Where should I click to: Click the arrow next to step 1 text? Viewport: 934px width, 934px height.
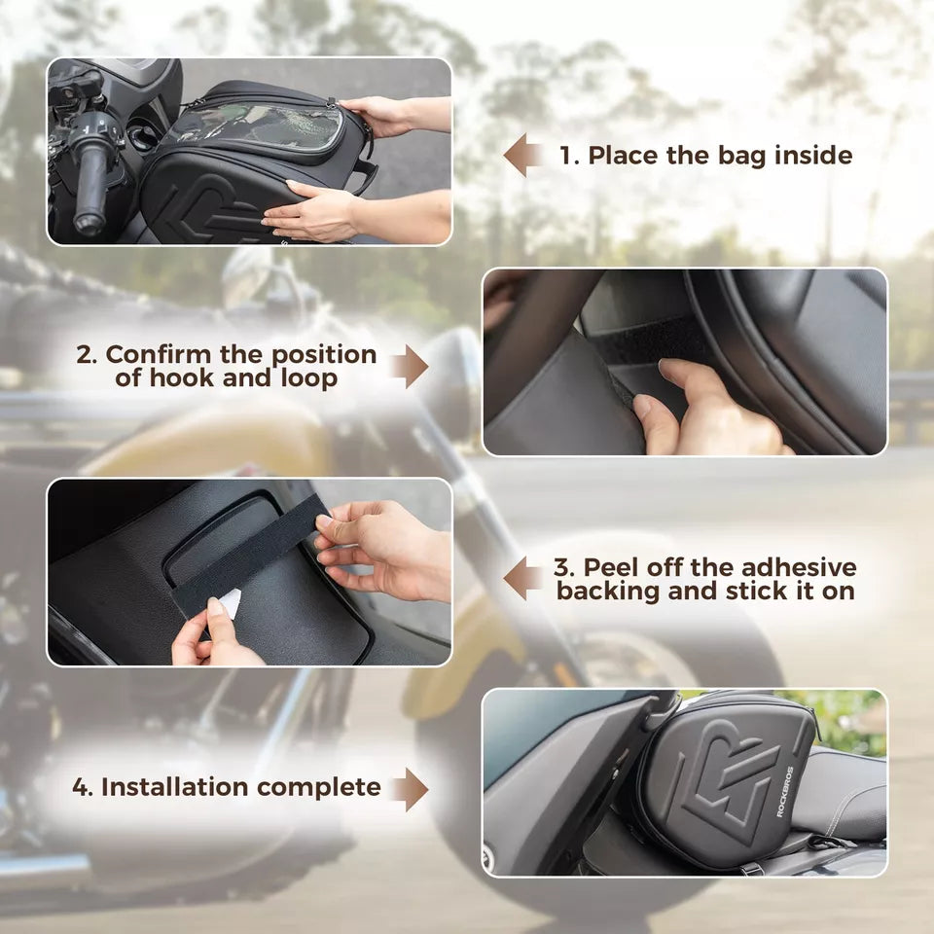(x=523, y=156)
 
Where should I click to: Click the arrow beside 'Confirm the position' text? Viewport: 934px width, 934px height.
(x=409, y=366)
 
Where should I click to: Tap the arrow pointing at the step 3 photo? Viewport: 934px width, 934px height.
(x=523, y=579)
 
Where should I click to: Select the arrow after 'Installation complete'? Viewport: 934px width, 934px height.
(x=409, y=788)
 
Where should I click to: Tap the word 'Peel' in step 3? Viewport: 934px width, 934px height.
(x=609, y=567)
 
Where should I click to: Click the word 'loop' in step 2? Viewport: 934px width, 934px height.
(x=310, y=378)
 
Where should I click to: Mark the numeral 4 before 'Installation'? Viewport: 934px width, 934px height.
(x=81, y=787)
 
